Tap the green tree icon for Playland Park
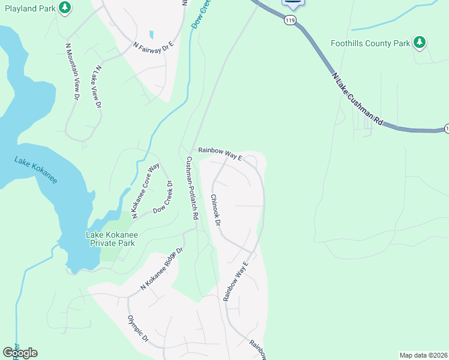[x=65, y=8]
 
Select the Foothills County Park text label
[x=370, y=43]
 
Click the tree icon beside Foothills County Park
[x=421, y=42]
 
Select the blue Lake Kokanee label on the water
[x=35, y=170]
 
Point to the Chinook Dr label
[x=216, y=210]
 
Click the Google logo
[x=20, y=352]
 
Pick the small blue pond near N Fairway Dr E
[x=151, y=35]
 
